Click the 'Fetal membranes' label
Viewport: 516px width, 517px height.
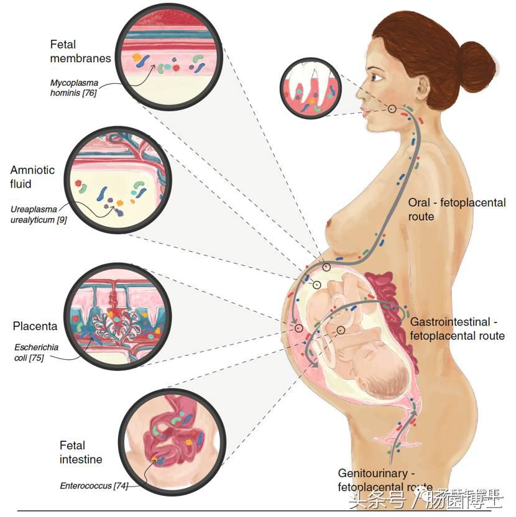(80, 52)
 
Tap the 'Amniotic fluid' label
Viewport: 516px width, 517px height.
(32, 177)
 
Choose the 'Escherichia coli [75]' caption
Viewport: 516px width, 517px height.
(37, 352)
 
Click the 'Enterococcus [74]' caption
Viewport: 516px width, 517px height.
(94, 486)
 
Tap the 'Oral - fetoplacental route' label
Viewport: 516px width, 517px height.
(456, 209)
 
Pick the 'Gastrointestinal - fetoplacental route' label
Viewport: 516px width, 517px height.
(457, 329)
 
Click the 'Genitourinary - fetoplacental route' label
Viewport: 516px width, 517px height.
(385, 480)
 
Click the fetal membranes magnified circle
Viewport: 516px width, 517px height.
(170, 57)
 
